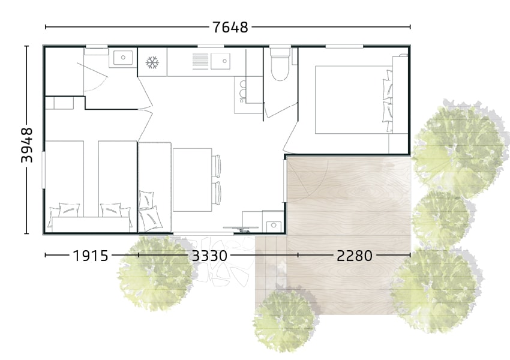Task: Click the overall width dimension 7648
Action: [230, 27]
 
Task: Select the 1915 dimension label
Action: [91, 256]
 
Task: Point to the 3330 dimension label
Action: [209, 256]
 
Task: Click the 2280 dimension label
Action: [355, 256]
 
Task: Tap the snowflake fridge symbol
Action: [152, 62]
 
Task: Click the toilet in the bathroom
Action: [280, 65]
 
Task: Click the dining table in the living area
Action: [192, 180]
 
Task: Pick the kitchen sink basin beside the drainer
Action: [220, 61]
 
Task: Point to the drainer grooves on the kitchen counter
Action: [200, 61]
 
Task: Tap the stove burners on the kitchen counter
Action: [242, 90]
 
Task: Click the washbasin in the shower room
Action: [123, 58]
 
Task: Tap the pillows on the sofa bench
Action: [149, 210]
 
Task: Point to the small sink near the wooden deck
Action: [274, 225]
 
